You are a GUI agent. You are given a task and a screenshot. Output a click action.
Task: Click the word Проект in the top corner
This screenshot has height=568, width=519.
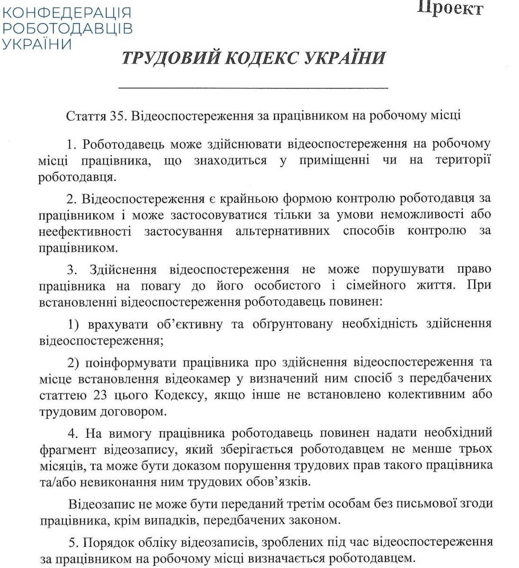(450, 8)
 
